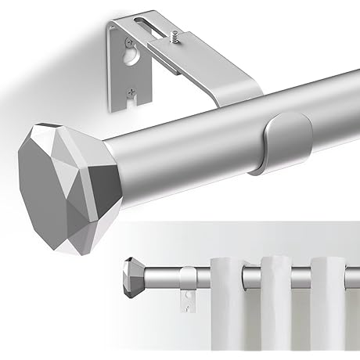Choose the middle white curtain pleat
(x=277, y=313)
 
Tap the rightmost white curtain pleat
(x=329, y=313)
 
